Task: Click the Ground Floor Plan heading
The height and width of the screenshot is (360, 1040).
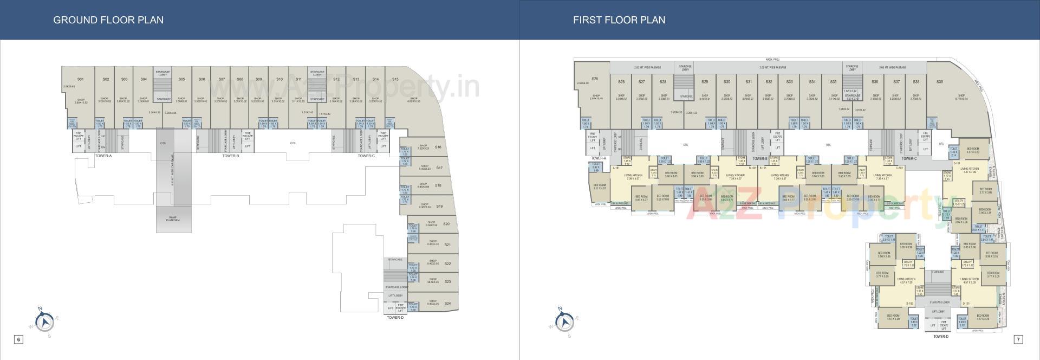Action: (x=108, y=20)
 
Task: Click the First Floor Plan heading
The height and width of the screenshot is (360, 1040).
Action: (x=619, y=20)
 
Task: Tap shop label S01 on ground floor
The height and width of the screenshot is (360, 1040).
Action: (x=80, y=79)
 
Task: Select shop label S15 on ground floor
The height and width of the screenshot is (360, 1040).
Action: (x=395, y=79)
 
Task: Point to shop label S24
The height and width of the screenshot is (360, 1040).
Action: (x=447, y=304)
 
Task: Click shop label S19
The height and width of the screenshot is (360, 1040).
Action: (x=439, y=206)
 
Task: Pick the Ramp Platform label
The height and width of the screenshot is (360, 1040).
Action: (x=173, y=219)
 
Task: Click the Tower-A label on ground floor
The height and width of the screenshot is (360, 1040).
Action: (x=103, y=156)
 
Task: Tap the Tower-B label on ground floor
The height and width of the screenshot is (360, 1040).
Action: (x=230, y=156)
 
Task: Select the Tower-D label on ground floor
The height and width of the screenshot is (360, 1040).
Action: (x=395, y=318)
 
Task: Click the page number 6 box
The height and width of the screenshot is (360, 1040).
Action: (x=18, y=339)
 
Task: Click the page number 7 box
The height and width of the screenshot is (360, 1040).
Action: (x=1018, y=339)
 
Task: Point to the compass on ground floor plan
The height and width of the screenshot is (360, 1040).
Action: (x=44, y=322)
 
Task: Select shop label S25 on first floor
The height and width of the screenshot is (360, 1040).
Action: (x=595, y=79)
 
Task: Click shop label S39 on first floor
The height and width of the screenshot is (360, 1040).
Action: (x=939, y=82)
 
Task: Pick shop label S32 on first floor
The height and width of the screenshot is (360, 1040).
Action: (x=769, y=82)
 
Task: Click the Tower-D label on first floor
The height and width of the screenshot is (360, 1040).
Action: (x=941, y=337)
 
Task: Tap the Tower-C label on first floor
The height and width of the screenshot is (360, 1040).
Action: (x=909, y=159)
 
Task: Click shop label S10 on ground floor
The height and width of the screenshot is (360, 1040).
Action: (x=279, y=79)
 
